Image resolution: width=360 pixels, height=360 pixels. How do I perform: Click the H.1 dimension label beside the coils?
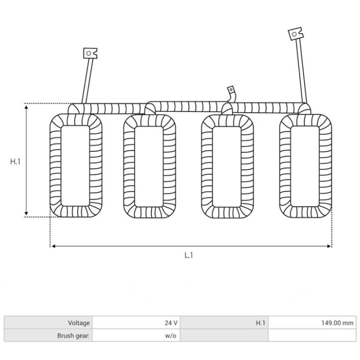coord(15,161)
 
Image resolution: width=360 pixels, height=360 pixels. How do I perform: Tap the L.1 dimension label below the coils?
coord(189,255)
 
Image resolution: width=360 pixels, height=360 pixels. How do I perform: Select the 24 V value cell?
coord(171,323)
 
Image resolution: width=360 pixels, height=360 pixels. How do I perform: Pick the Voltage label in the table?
coord(79,323)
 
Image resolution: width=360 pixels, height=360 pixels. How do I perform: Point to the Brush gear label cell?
coord(73,335)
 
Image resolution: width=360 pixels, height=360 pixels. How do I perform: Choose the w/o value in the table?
coord(171,335)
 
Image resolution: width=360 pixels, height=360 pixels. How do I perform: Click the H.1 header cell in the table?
coord(260,323)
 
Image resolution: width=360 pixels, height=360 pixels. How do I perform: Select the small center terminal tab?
coord(231,90)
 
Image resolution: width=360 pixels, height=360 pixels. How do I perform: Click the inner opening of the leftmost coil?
coord(75,166)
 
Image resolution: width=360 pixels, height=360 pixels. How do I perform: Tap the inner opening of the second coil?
coord(149,166)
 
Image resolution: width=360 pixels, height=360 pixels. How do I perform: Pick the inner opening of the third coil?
coord(227,166)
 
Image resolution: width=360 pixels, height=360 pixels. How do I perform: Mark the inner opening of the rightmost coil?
coord(305,166)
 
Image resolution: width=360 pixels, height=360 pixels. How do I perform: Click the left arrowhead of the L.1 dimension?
coord(53,246)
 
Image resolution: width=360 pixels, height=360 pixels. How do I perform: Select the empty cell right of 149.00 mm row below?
coord(312,335)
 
